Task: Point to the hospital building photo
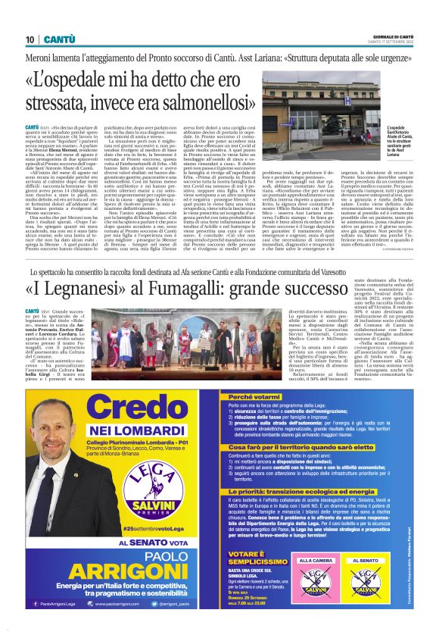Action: (x=322, y=105)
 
